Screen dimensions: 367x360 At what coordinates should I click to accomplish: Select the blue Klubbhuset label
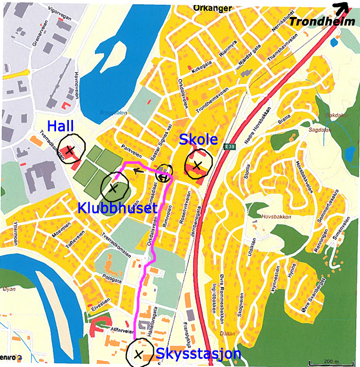coord(117,208)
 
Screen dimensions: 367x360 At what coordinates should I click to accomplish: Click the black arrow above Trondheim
coord(340,8)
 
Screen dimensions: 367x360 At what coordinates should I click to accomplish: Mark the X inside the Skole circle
coord(197,165)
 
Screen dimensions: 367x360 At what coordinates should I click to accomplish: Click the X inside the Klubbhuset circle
coord(113,188)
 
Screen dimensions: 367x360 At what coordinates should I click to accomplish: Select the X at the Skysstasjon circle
coord(138,354)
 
